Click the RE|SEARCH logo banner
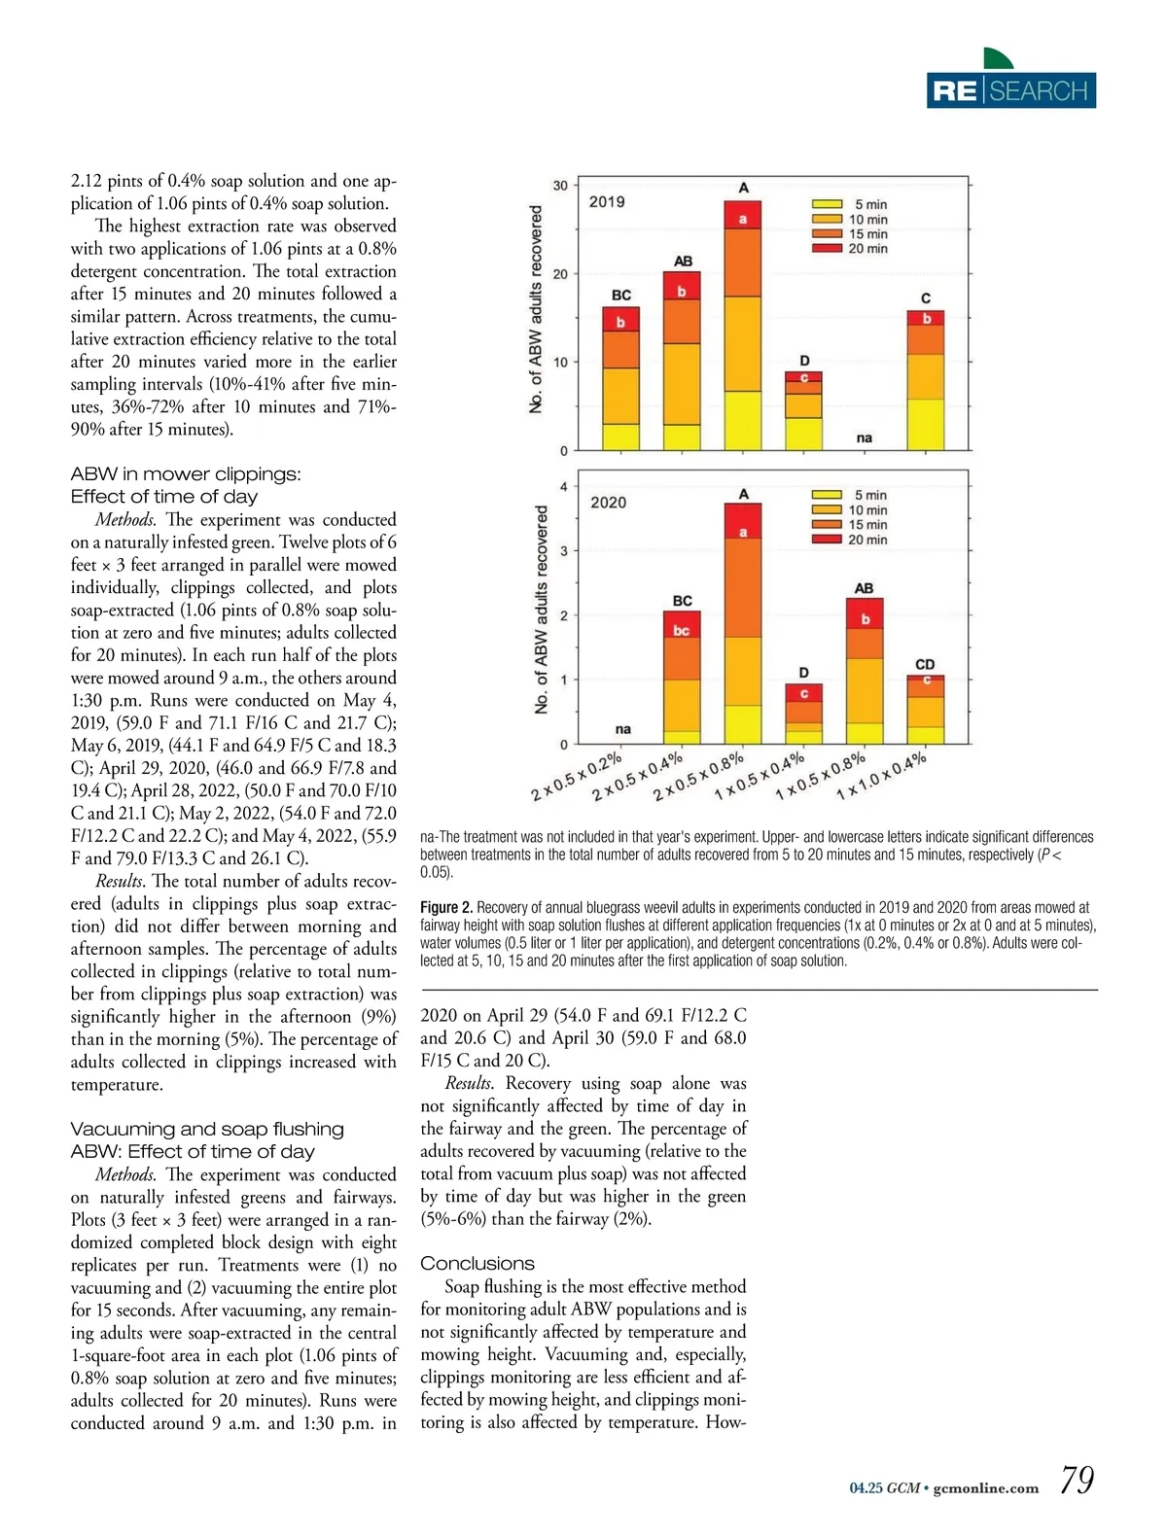click(1010, 90)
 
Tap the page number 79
click(1077, 1481)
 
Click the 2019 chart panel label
click(607, 202)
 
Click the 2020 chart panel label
click(609, 503)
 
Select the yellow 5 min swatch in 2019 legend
click(827, 204)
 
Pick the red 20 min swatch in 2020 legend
click(827, 540)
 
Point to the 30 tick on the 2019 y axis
click(561, 186)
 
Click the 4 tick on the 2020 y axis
click(564, 487)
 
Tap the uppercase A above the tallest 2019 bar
click(743, 188)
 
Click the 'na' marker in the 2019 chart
click(865, 438)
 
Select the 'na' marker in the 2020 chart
click(623, 729)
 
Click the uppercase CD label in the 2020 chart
click(925, 664)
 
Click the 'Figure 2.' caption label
click(446, 907)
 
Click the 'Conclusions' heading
click(477, 1263)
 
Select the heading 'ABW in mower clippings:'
click(186, 474)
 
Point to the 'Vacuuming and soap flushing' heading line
click(207, 1129)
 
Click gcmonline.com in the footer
click(985, 1488)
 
